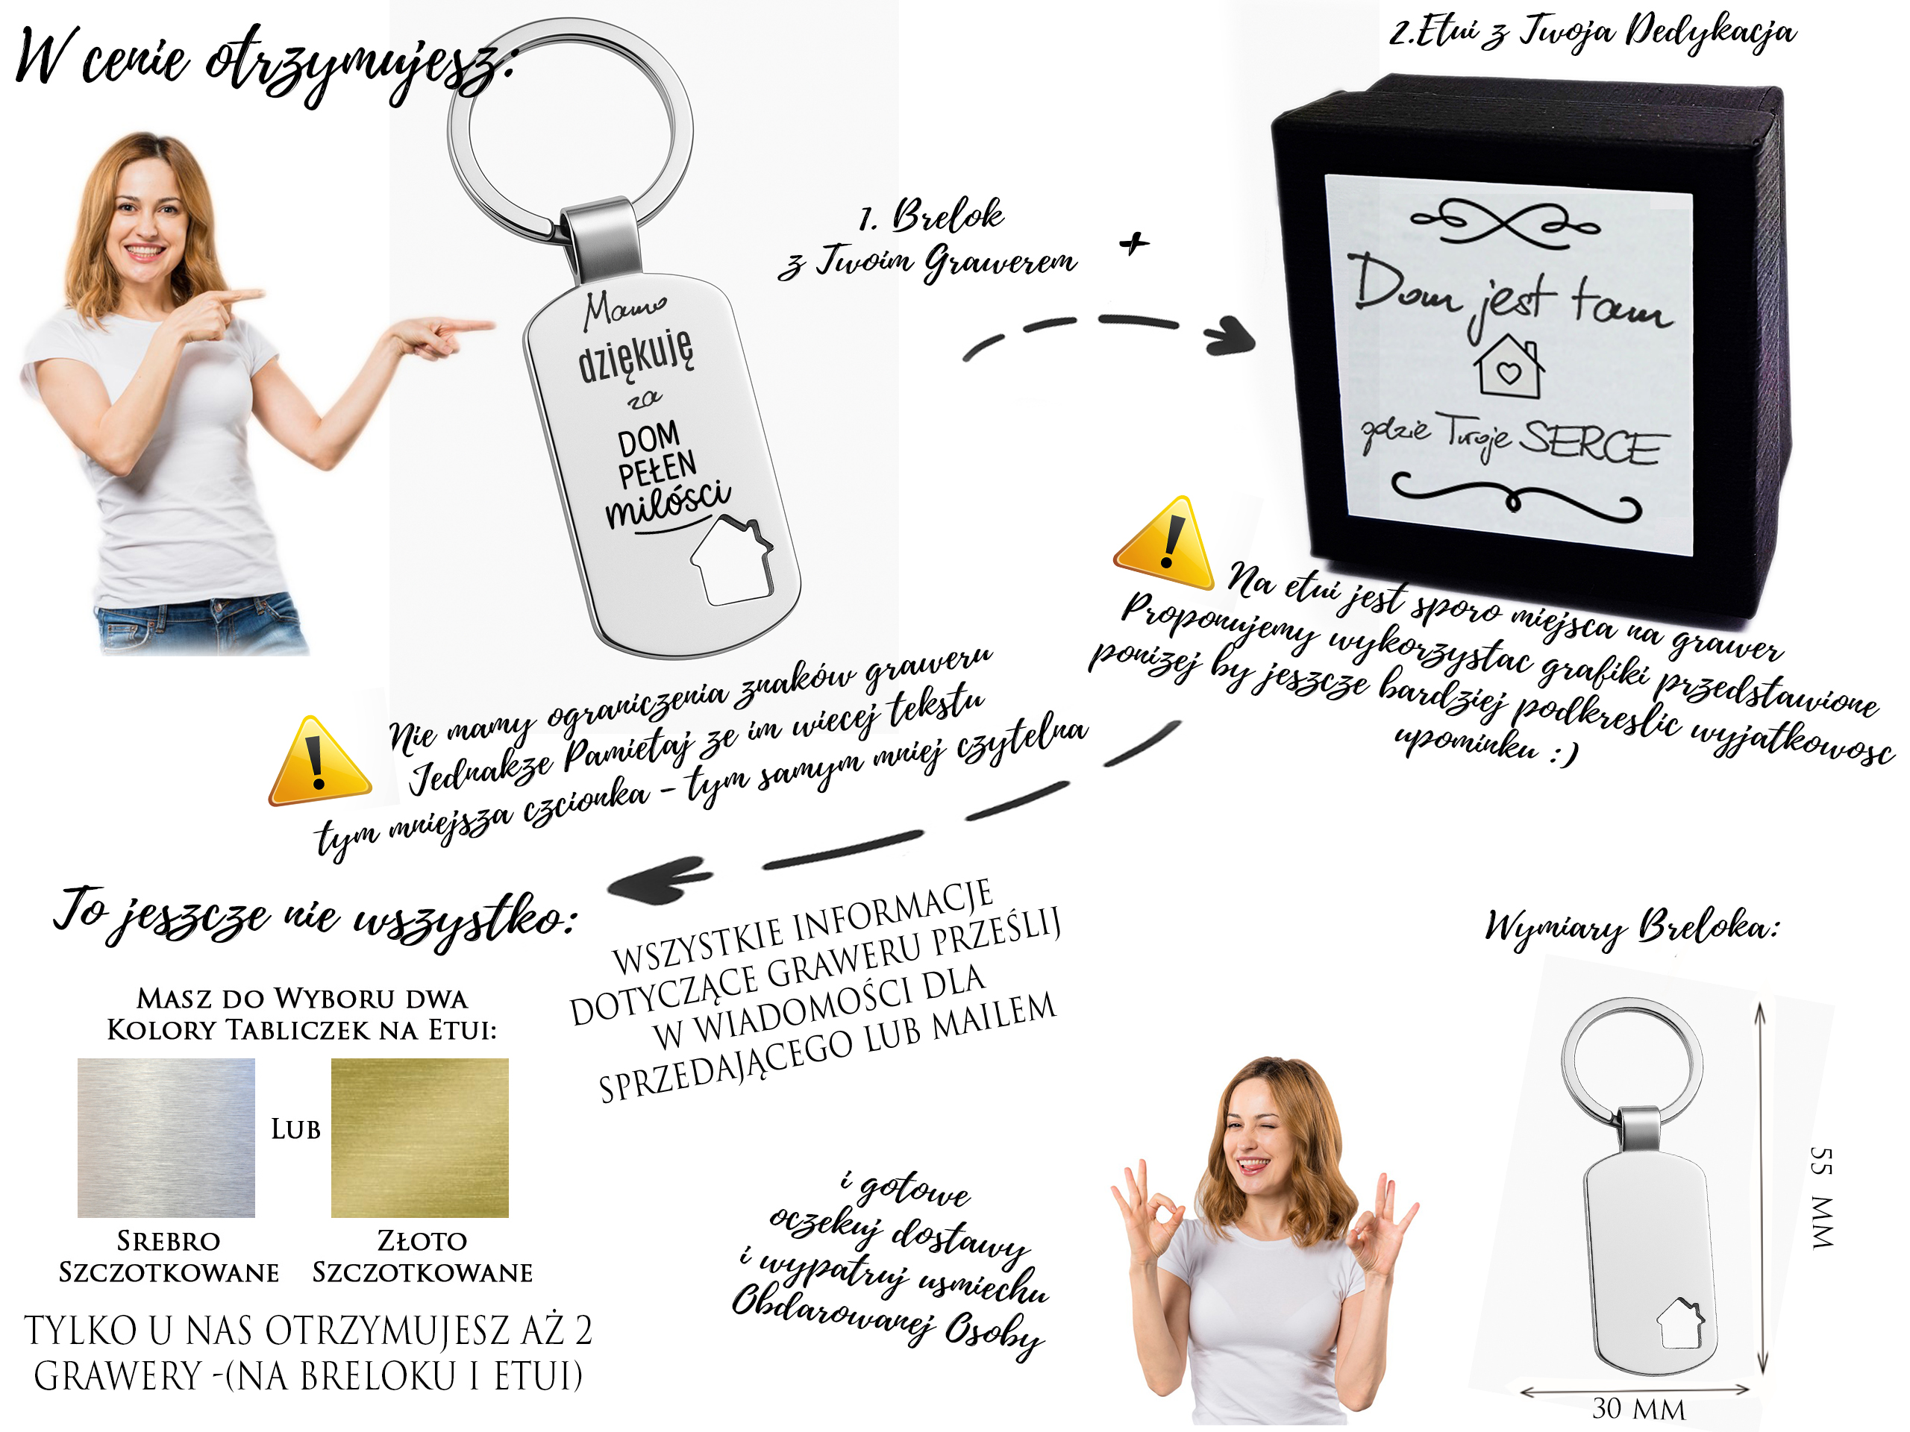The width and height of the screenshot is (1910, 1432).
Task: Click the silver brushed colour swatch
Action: click(x=166, y=1137)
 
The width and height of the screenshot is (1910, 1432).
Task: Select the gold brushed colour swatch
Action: click(x=419, y=1137)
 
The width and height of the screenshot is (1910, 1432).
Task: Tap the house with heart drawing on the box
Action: click(x=1509, y=367)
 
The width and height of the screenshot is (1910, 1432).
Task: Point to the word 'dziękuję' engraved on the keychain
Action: click(x=636, y=355)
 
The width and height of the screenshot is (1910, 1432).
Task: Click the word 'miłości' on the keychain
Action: click(x=668, y=503)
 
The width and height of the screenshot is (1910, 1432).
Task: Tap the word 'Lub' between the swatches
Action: click(x=295, y=1129)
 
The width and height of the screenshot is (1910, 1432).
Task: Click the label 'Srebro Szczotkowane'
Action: click(x=169, y=1257)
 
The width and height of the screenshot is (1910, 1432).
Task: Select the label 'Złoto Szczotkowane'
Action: click(x=422, y=1257)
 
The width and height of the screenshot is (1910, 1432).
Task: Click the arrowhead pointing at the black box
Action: click(x=1230, y=335)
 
